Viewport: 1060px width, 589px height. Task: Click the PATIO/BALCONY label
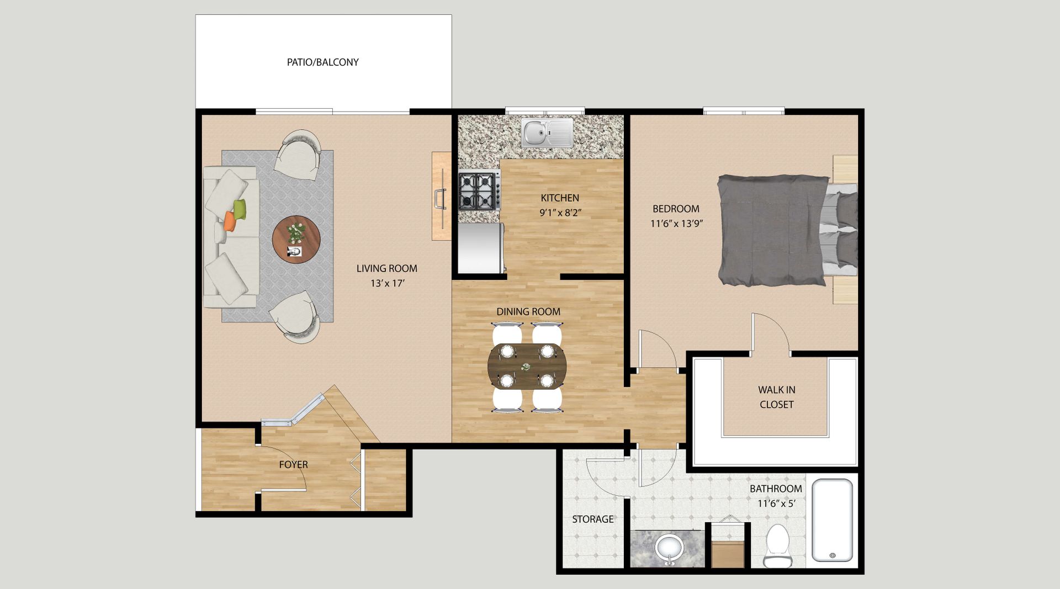(x=322, y=62)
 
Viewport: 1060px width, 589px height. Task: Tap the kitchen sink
(x=547, y=133)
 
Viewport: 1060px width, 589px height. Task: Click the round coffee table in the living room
(x=296, y=240)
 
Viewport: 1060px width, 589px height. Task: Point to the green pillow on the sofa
(x=240, y=209)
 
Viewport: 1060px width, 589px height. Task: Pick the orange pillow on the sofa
(x=230, y=221)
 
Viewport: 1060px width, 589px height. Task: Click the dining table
(x=527, y=367)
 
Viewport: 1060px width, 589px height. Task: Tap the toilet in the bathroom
(x=777, y=546)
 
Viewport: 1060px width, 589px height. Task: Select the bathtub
(x=833, y=520)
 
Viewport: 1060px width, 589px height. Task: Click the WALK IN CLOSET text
(x=776, y=397)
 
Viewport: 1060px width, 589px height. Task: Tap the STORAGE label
(x=592, y=519)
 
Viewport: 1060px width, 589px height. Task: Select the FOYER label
(x=293, y=465)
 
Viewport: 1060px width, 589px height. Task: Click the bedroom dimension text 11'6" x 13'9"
(x=676, y=224)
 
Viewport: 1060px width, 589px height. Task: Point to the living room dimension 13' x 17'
(x=388, y=283)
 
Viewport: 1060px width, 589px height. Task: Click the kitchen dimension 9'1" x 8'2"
(x=560, y=213)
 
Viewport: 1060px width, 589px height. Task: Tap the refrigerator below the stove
(x=481, y=248)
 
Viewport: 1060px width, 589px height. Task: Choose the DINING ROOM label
(x=528, y=312)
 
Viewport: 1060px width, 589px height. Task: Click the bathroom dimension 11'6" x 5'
(x=776, y=503)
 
